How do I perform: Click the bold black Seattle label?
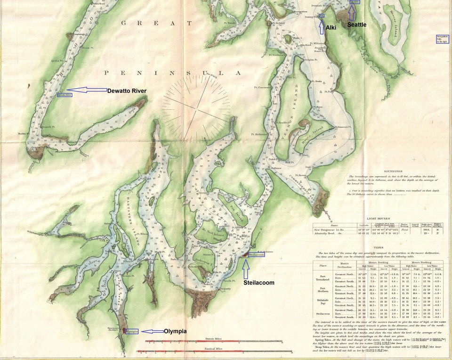(356, 25)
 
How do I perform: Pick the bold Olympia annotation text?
(176, 331)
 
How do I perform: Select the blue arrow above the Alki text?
(322, 26)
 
